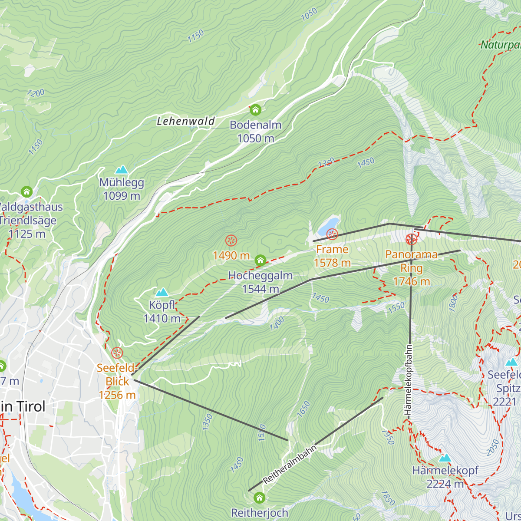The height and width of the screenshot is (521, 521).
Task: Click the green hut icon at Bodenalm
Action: [255, 109]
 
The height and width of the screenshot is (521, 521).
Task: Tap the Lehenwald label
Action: [186, 121]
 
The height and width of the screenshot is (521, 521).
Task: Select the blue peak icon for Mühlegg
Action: [121, 169]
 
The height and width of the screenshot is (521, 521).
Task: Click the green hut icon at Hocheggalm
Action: [260, 260]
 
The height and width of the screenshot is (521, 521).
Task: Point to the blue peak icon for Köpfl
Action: [162, 292]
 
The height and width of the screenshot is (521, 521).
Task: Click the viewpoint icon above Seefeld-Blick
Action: [117, 353]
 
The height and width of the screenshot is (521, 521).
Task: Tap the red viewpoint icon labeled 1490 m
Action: [231, 240]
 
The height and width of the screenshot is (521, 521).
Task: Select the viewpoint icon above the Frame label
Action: [332, 234]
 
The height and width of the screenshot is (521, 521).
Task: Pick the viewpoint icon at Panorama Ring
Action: [411, 239]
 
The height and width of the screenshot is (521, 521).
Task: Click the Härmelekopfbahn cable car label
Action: [408, 382]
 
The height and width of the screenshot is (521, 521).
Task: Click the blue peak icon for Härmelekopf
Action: [445, 458]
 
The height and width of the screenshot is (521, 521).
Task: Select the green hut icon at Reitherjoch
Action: [260, 498]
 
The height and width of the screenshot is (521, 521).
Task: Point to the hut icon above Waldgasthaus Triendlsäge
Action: [27, 191]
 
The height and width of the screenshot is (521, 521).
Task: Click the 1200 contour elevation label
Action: [35, 93]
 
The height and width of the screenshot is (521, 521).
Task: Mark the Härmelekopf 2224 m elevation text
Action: [445, 484]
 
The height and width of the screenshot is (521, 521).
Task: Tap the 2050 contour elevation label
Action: [493, 448]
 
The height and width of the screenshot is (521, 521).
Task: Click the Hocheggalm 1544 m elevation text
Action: [260, 289]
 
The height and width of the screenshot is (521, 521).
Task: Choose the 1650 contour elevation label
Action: [303, 409]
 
